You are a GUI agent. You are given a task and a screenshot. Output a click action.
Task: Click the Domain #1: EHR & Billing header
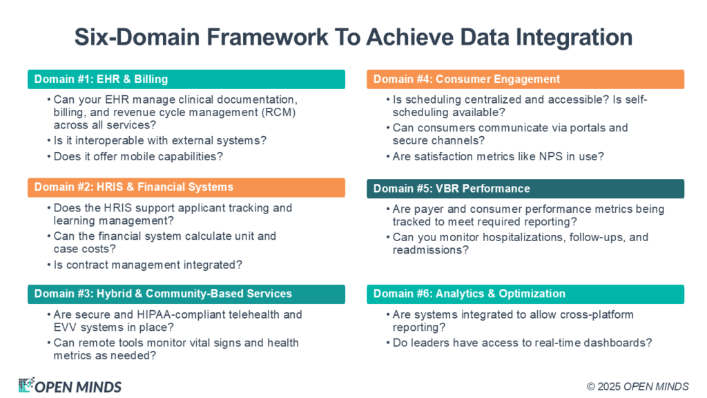tap(186, 79)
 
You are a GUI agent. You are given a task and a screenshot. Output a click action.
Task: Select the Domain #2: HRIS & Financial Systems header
tap(186, 187)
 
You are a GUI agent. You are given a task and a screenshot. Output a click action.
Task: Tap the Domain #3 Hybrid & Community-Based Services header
tap(186, 294)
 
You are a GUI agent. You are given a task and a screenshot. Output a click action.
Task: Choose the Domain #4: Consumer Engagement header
tap(525, 79)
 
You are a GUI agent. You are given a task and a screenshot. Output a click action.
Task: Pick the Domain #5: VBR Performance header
tap(525, 189)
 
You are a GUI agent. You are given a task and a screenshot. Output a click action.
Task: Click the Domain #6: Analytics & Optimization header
tap(525, 294)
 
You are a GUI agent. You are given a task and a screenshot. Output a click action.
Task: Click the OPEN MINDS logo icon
tap(26, 385)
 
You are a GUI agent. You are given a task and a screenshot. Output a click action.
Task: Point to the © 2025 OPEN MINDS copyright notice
tap(637, 387)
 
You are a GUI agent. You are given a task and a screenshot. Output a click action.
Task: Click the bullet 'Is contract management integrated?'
tap(148, 265)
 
